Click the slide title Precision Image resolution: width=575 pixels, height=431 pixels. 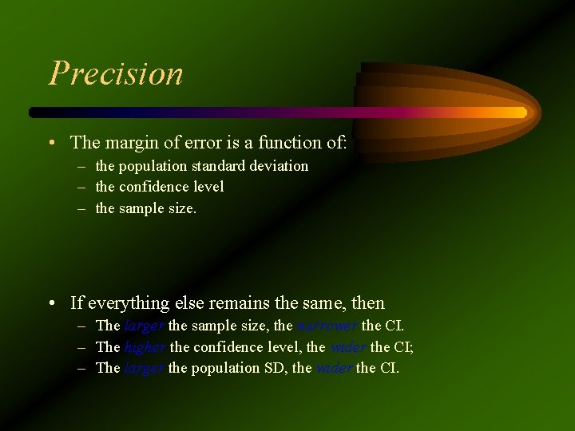tap(117, 73)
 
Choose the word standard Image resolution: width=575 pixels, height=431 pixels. tap(218, 166)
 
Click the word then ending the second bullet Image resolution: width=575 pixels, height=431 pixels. tap(367, 303)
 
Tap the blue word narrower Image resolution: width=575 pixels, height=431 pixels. tap(327, 326)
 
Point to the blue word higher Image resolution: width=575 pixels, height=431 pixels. tap(145, 347)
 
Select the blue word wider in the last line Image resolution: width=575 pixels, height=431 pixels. tap(334, 368)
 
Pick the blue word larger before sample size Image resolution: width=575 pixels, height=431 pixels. tap(145, 326)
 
